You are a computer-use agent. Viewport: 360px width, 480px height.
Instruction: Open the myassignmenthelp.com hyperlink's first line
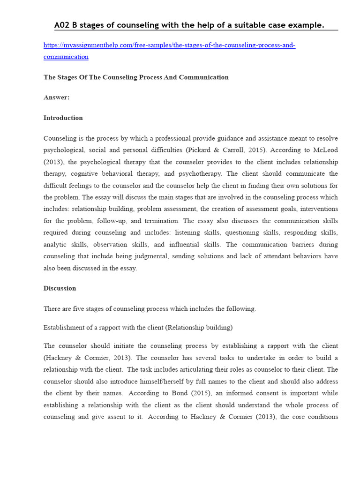[x=169, y=45]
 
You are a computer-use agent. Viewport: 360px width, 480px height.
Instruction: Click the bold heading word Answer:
[x=56, y=97]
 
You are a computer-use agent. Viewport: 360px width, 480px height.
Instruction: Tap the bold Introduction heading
[x=63, y=118]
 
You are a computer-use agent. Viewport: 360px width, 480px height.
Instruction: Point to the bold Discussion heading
[x=60, y=288]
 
